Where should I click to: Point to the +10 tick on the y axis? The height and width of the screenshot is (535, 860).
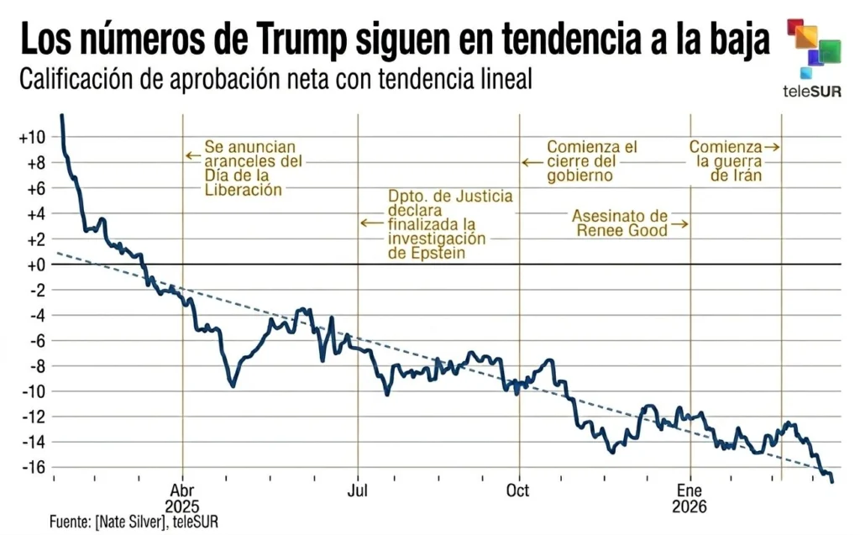coord(32,138)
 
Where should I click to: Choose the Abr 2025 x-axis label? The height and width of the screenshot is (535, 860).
coord(182,499)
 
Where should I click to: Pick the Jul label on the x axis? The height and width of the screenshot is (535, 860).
coord(359,490)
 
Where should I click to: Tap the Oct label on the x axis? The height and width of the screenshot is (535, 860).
coord(519,490)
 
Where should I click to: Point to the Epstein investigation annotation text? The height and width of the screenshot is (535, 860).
coord(449,224)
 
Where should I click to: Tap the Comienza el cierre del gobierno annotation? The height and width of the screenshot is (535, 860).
coord(592,161)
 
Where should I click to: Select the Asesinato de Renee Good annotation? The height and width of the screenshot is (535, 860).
coord(621,223)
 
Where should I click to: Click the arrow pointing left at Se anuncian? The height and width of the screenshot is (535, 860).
coord(192,155)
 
